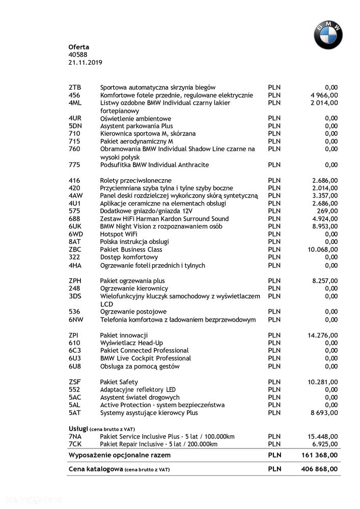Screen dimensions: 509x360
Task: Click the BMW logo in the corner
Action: pos(327,35)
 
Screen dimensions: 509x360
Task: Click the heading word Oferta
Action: pos(79,47)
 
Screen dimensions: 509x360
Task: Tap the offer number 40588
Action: pos(78,54)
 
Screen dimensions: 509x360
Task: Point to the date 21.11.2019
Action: pos(85,62)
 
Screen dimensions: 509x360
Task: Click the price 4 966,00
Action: pos(324,95)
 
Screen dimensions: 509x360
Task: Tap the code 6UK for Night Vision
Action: pos(75,226)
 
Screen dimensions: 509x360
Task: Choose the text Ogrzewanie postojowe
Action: pos(133,312)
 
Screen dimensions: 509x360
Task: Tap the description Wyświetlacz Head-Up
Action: pos(132,343)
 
